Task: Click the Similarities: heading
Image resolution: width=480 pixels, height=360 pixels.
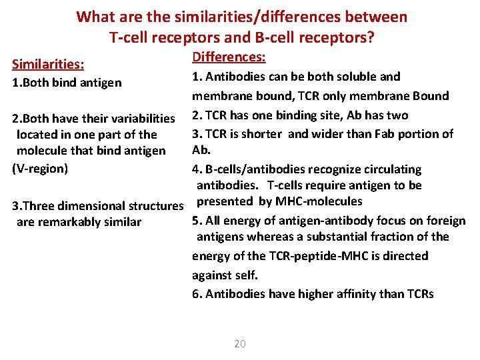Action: click(48, 64)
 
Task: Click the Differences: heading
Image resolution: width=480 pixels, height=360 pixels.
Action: click(229, 58)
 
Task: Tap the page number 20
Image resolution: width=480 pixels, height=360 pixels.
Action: click(240, 343)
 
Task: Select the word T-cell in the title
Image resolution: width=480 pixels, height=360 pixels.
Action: click(132, 37)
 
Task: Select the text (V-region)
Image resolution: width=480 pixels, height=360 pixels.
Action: click(40, 168)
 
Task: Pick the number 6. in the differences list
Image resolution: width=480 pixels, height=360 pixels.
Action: click(197, 294)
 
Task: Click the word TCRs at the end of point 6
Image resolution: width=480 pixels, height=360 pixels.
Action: click(420, 294)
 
